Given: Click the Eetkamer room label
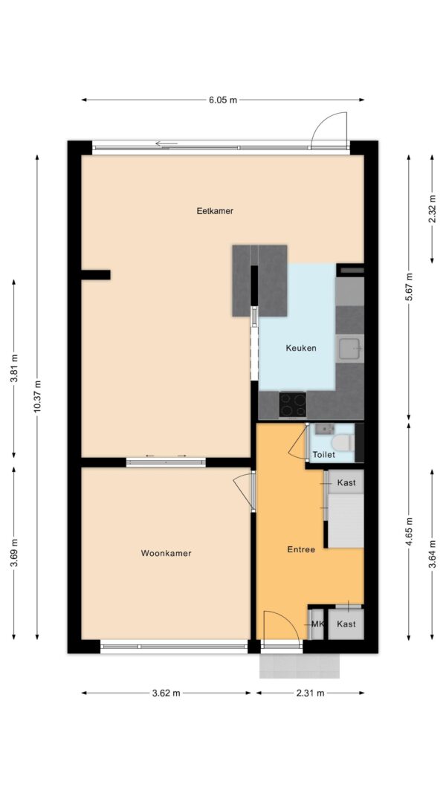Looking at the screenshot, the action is [x=215, y=211].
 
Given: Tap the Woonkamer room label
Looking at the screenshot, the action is [x=166, y=553].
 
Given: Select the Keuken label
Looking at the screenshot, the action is [x=301, y=348].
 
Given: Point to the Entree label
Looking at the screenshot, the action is [x=301, y=550].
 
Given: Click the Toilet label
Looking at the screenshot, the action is [x=323, y=455].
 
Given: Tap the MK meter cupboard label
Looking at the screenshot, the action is [x=317, y=624].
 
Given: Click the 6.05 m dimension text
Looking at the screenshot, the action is [x=223, y=100].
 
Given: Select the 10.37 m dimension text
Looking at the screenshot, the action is [x=37, y=397].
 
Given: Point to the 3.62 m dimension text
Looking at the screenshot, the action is [x=166, y=693].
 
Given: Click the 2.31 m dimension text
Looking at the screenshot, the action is [x=309, y=693].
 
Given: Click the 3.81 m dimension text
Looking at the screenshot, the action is [x=14, y=368].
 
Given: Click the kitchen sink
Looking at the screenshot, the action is [x=349, y=349].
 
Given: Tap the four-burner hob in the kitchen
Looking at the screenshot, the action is [x=292, y=404].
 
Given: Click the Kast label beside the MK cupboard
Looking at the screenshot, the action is [x=346, y=624].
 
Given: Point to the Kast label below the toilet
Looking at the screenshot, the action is [x=346, y=482].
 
